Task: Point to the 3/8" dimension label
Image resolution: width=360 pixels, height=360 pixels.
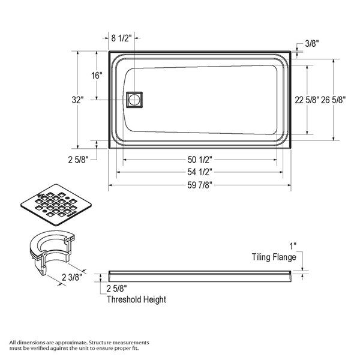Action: coord(312,43)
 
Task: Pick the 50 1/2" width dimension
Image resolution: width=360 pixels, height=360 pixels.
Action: coord(199,160)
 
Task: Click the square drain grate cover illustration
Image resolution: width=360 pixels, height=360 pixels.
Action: coord(57,206)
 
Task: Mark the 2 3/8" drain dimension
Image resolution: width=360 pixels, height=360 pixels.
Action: coord(72,277)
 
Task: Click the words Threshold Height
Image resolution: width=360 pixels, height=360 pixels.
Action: coord(136,299)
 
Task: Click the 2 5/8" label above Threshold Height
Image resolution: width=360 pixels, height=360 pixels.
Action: coord(116,289)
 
